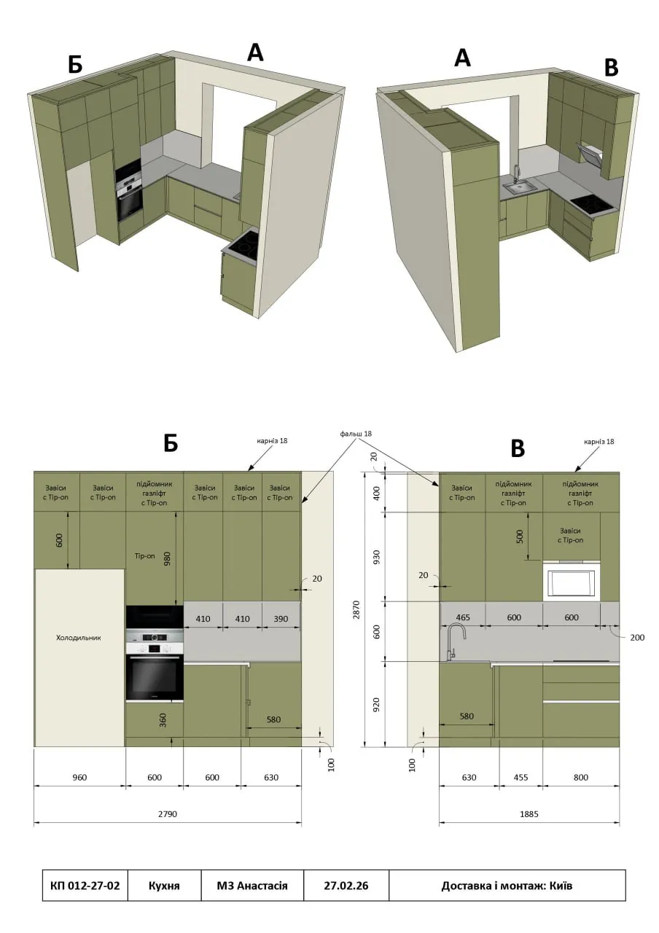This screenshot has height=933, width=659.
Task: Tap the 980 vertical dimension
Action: coord(168,559)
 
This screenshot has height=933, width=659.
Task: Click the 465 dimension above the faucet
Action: coord(463,617)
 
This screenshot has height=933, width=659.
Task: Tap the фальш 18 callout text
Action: coord(356,434)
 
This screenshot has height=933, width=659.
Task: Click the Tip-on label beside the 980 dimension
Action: coord(144,555)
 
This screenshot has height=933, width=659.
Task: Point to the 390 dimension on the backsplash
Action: coord(281,619)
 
